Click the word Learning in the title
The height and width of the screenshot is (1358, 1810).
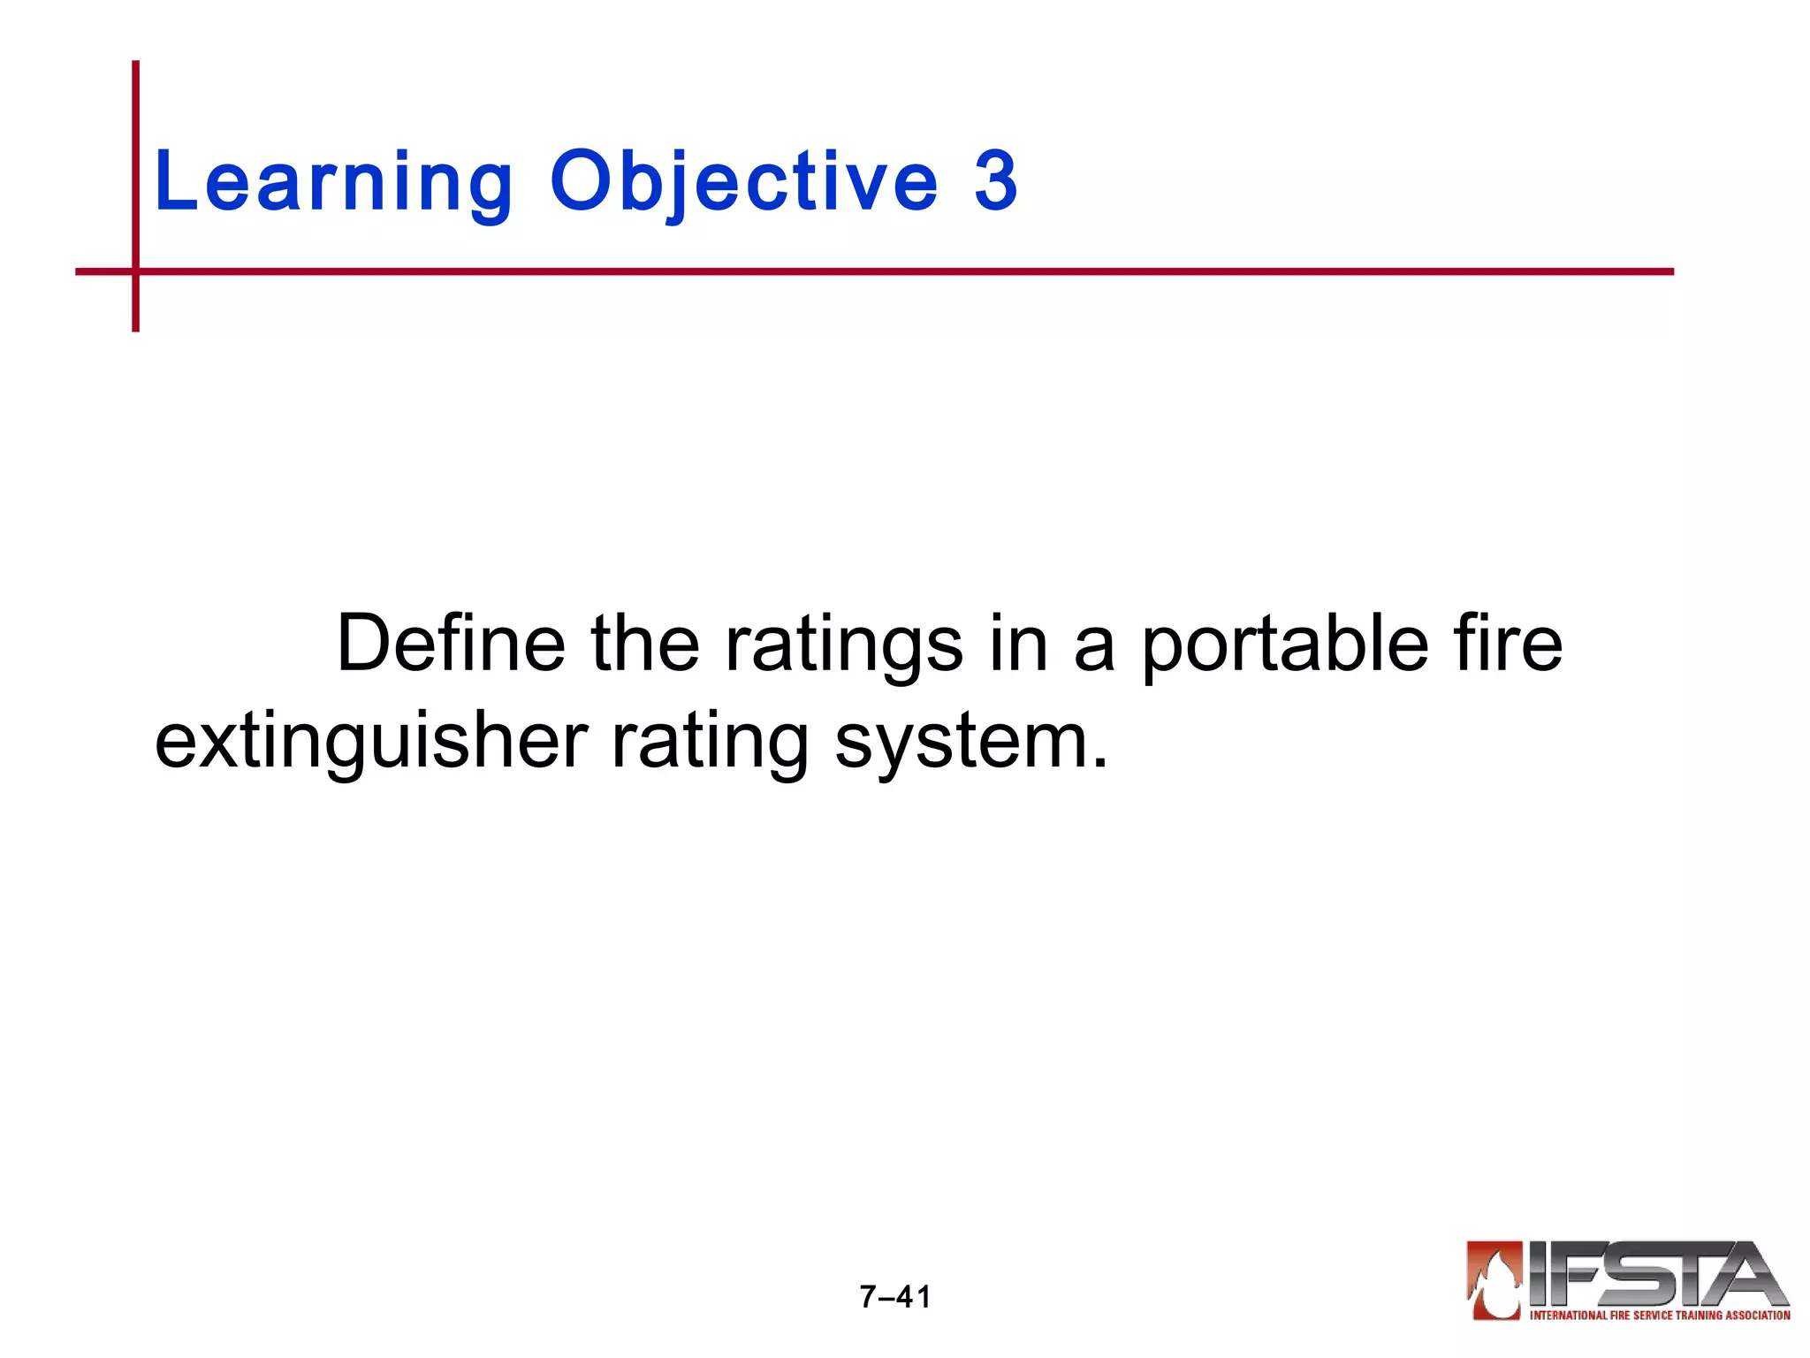pyautogui.click(x=333, y=183)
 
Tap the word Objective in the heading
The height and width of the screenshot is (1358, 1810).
pyautogui.click(x=743, y=183)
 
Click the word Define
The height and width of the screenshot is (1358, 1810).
pyautogui.click(x=451, y=644)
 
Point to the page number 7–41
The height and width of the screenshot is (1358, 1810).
pyautogui.click(x=895, y=1297)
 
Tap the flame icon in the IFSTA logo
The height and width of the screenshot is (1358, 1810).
pyautogui.click(x=1494, y=1280)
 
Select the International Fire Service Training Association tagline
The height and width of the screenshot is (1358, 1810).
pyautogui.click(x=1660, y=1316)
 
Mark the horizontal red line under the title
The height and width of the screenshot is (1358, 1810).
pyautogui.click(x=884, y=271)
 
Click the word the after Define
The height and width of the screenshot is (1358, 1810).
pyautogui.click(x=645, y=644)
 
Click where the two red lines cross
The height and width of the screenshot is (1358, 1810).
pyautogui.click(x=136, y=271)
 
